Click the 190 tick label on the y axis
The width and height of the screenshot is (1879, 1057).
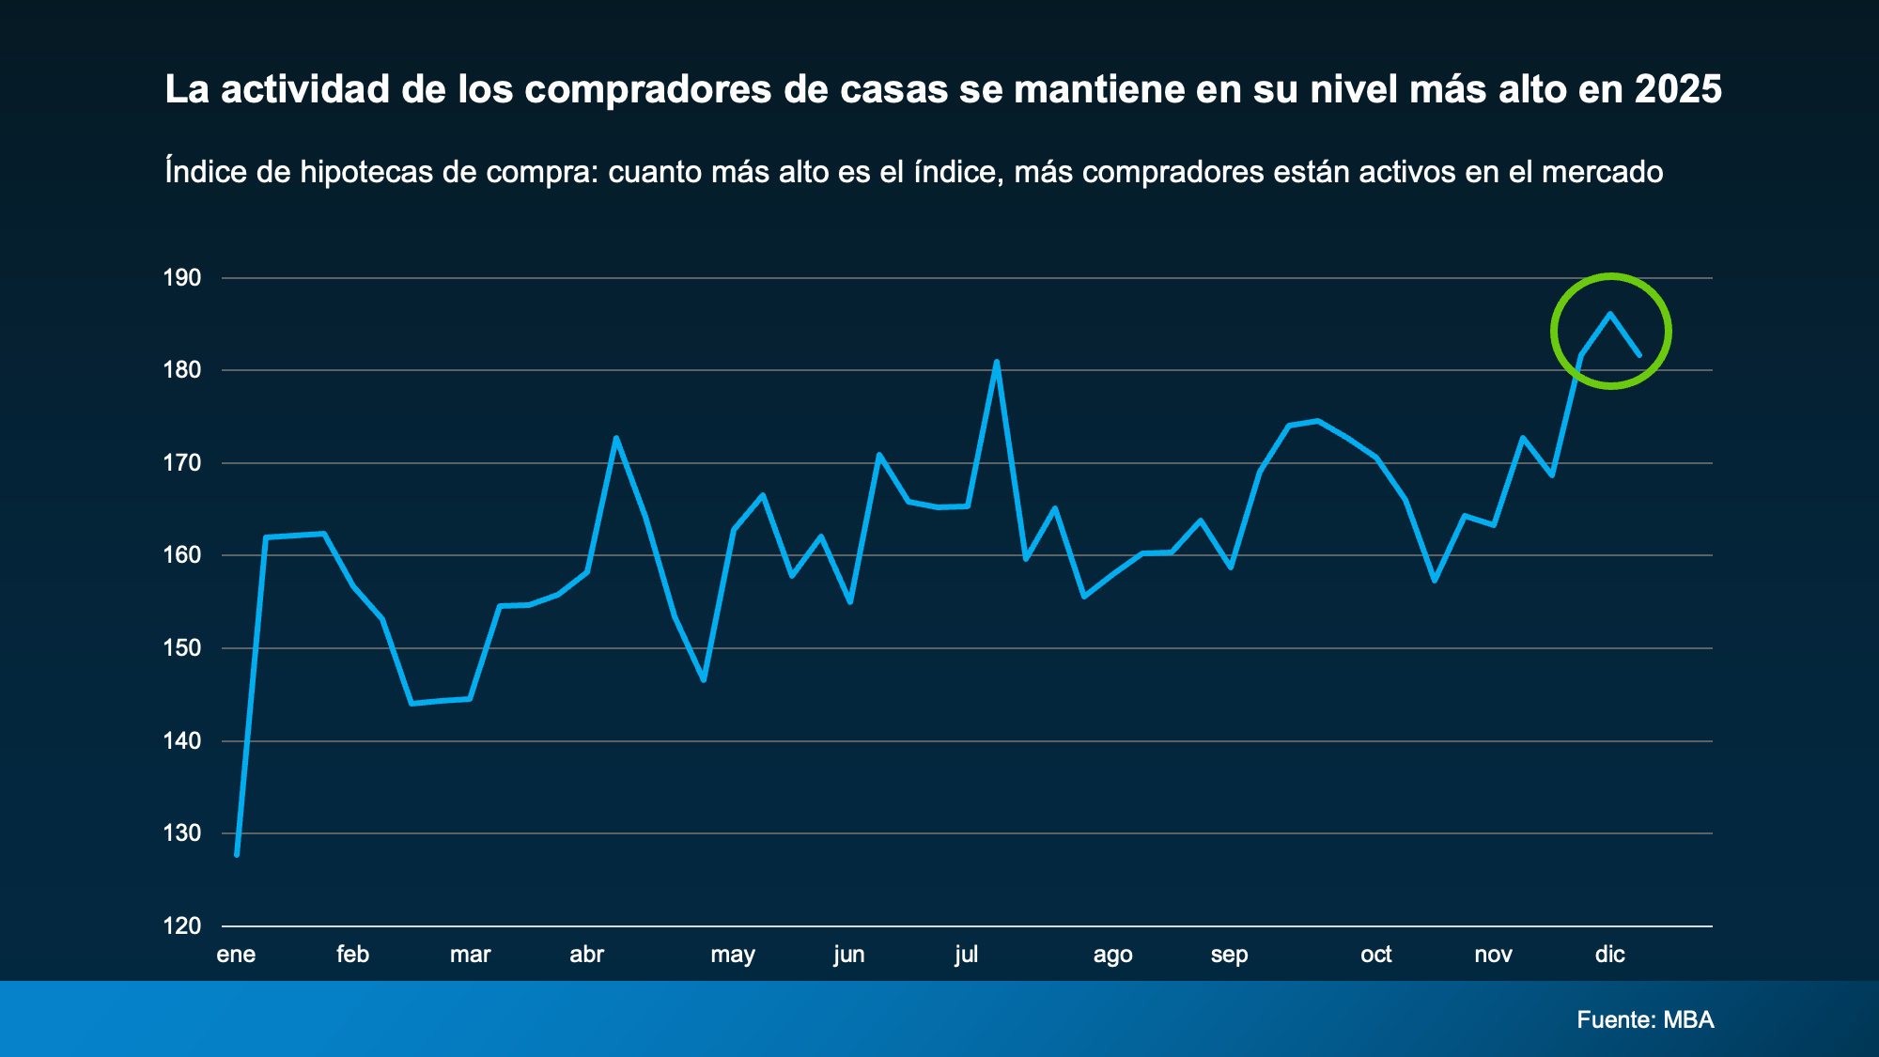182,278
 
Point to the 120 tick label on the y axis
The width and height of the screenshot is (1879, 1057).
182,926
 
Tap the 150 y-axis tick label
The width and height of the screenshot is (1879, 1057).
182,648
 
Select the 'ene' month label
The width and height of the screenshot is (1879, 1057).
236,955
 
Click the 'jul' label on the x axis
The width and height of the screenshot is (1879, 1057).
966,955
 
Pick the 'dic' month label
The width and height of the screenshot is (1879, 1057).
1609,955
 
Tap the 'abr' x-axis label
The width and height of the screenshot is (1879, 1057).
586,955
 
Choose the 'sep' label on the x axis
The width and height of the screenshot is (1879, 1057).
1229,955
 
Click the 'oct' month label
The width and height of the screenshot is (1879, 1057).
1375,955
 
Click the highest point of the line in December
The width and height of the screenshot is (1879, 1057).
1610,314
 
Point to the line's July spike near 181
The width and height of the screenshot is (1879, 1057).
996,362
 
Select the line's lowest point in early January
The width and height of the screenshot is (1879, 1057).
237,854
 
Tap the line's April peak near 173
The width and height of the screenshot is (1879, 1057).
616,438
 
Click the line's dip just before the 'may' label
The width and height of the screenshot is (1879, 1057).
704,679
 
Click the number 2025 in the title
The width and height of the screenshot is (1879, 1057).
1678,89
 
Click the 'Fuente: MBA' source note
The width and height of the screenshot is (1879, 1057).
1645,1019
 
